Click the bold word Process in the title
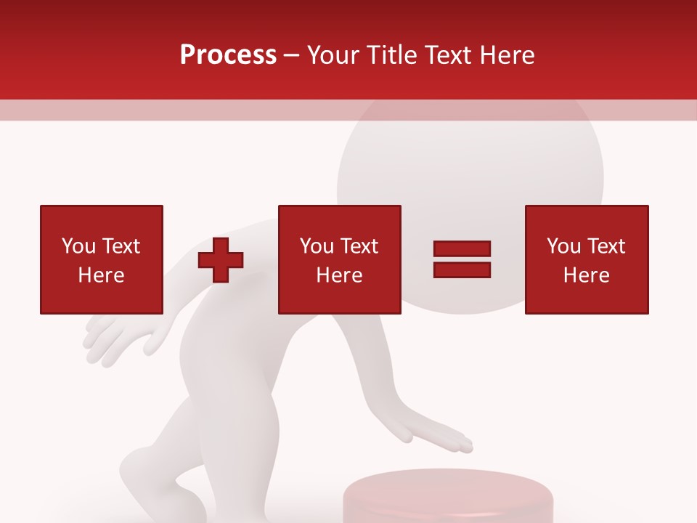click(228, 55)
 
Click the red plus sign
click(221, 260)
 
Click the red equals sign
click(462, 259)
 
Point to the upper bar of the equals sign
click(462, 249)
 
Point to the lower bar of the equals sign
click(462, 269)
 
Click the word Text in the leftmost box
click(121, 246)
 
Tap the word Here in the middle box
click(339, 275)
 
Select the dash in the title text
click(292, 55)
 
